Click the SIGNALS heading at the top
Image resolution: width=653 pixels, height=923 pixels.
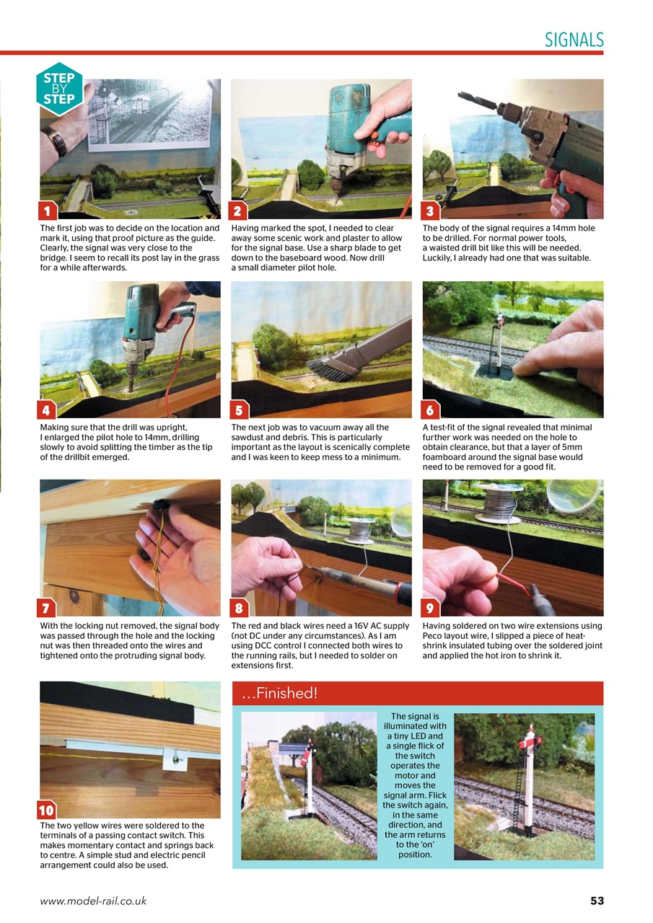[x=574, y=40]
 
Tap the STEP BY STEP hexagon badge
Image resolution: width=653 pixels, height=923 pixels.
[x=59, y=89]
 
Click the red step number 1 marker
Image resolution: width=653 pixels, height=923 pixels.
[x=48, y=211]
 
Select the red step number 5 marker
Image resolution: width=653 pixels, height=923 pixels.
[x=239, y=410]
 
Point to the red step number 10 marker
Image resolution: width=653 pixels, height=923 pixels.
[x=47, y=811]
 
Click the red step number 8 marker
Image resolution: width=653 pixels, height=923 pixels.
[x=239, y=608]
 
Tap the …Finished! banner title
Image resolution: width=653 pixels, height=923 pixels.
[x=280, y=694]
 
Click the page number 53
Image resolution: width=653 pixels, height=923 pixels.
[x=596, y=901]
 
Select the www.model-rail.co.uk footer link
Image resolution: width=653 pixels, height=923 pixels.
[x=93, y=901]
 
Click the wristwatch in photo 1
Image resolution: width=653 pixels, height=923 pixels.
[x=57, y=141]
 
